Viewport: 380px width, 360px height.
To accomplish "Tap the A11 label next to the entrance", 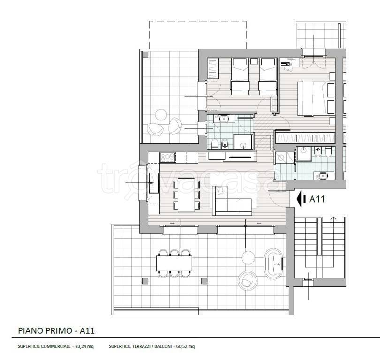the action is [317, 199].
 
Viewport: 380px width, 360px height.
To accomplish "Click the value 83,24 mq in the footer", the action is [84, 346].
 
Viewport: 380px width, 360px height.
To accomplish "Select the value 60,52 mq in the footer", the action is [185, 346].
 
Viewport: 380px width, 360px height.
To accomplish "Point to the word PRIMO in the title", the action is [58, 331].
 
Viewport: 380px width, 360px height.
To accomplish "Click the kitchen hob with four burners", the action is [167, 157].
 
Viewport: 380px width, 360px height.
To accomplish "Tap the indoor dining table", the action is [186, 195].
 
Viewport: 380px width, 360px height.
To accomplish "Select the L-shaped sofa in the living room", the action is [232, 201].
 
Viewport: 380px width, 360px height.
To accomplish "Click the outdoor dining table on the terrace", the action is [174, 263].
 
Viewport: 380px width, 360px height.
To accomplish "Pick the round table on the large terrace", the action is [248, 258].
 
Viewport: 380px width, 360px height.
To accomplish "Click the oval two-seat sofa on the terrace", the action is [274, 263].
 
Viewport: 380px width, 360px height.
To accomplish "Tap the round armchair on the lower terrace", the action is [247, 281].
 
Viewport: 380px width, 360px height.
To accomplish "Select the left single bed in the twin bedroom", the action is [240, 76].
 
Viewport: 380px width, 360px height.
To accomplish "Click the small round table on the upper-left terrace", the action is [160, 115].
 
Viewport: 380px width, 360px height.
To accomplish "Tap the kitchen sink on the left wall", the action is [154, 183].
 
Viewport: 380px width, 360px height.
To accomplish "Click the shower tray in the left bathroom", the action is [243, 142].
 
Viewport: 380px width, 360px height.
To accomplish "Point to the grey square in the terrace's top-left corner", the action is [145, 55].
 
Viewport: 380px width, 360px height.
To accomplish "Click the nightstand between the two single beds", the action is [254, 61].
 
